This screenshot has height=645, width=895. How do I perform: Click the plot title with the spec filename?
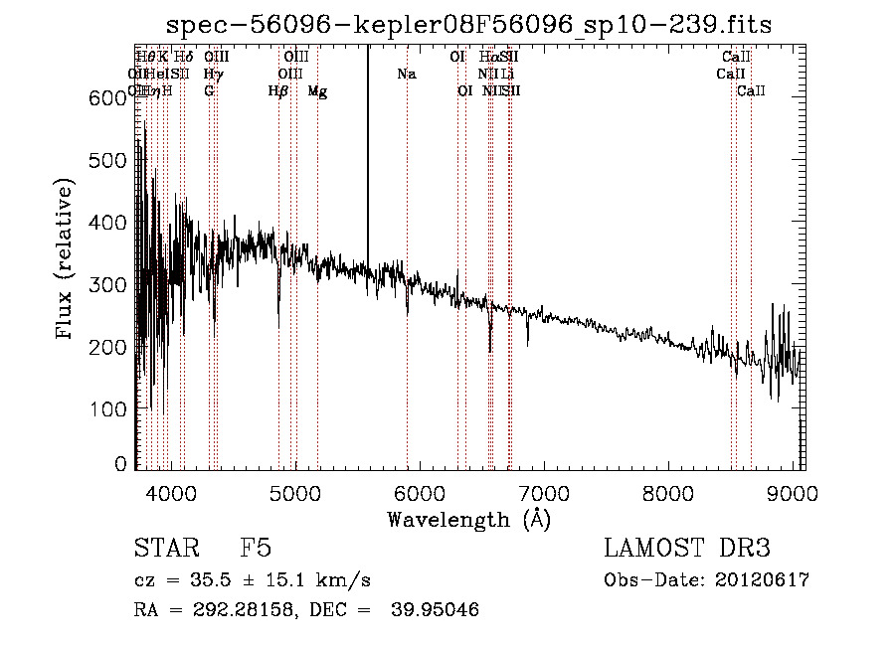tap(469, 24)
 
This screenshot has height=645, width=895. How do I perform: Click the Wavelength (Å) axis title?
tap(468, 519)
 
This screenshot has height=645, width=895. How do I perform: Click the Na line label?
tap(406, 75)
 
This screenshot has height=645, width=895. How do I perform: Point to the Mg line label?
tap(317, 91)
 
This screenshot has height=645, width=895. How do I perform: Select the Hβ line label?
tap(277, 91)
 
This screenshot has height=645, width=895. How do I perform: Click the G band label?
tap(209, 91)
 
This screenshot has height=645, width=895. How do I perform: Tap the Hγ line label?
tap(212, 75)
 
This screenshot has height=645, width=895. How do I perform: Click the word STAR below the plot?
tap(163, 549)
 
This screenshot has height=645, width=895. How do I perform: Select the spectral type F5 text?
tap(256, 549)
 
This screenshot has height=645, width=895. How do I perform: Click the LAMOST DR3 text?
tap(687, 549)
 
